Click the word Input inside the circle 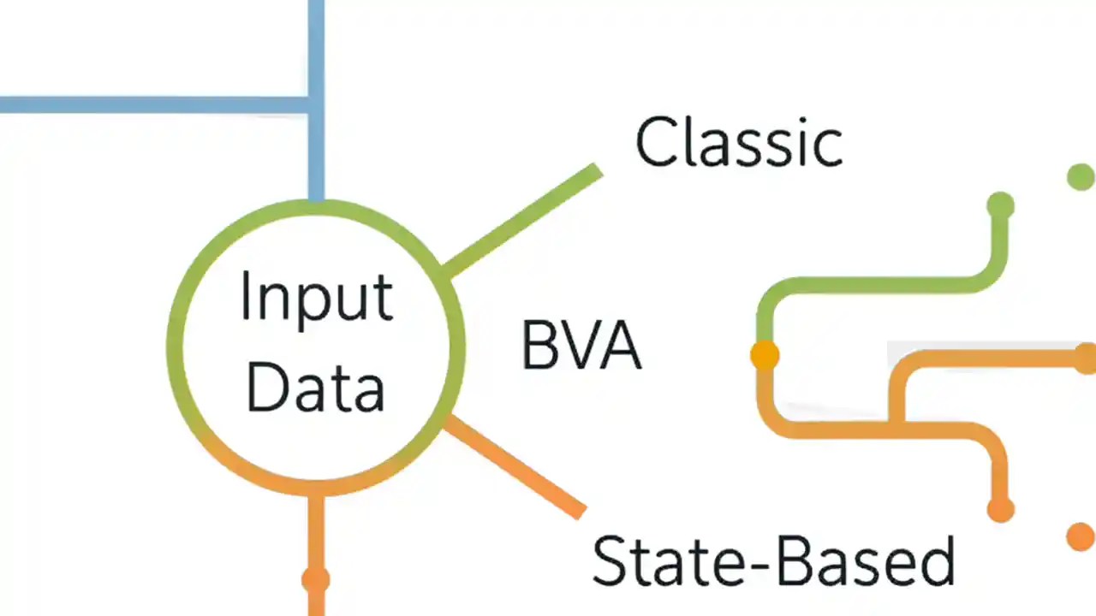pos(316,298)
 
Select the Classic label pos(739,142)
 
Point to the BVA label pos(581,346)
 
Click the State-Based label pos(773,561)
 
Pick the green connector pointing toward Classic pos(522,221)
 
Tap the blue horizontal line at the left pos(146,104)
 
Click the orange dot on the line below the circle pos(316,580)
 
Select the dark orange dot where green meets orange pos(765,354)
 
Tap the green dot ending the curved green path pos(1000,205)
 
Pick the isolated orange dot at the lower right pos(1081,536)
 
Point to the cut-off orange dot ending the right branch pos(1086,358)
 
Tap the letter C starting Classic pos(658,142)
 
